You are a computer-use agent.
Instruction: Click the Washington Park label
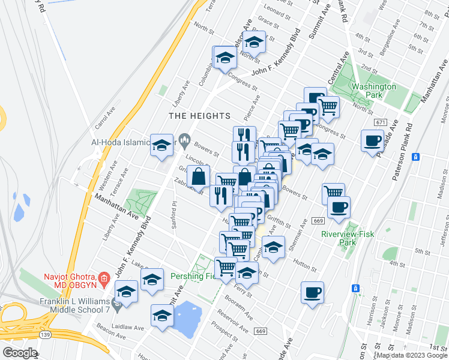[374, 91]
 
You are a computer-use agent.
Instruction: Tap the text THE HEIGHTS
[199, 115]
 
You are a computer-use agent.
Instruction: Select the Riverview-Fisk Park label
[348, 238]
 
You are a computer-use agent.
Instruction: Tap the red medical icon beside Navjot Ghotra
[104, 278]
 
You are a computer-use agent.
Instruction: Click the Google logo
[20, 353]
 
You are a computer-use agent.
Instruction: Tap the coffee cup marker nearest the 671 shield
[372, 142]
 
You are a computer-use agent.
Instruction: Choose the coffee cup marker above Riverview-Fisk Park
[339, 208]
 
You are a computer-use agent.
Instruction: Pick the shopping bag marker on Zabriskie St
[198, 178]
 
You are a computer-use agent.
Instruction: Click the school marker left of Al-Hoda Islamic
[161, 146]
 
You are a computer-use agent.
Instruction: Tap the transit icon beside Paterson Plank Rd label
[415, 157]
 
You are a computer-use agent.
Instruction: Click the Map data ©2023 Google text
[411, 355]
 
